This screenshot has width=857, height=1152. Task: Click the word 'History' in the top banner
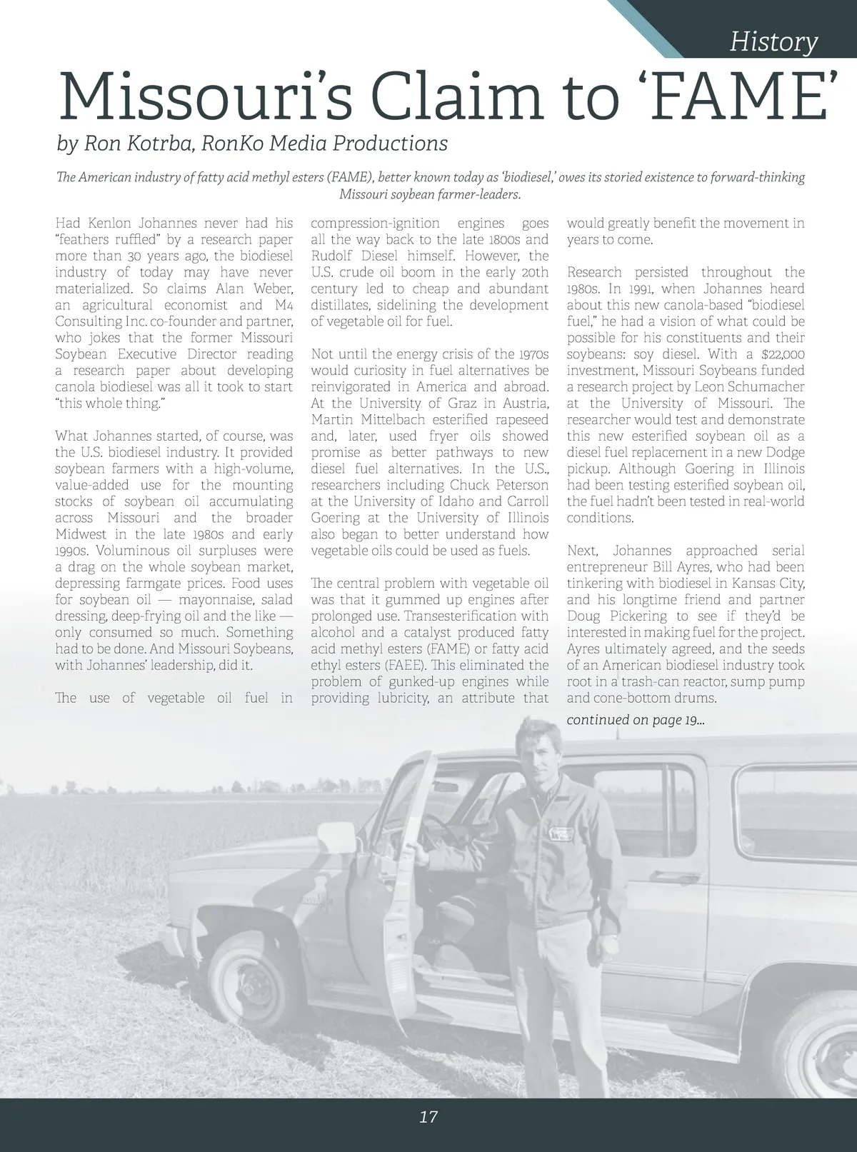tap(773, 42)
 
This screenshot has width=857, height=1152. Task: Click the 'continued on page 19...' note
tap(636, 719)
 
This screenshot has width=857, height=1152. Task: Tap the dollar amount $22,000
tap(779, 354)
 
